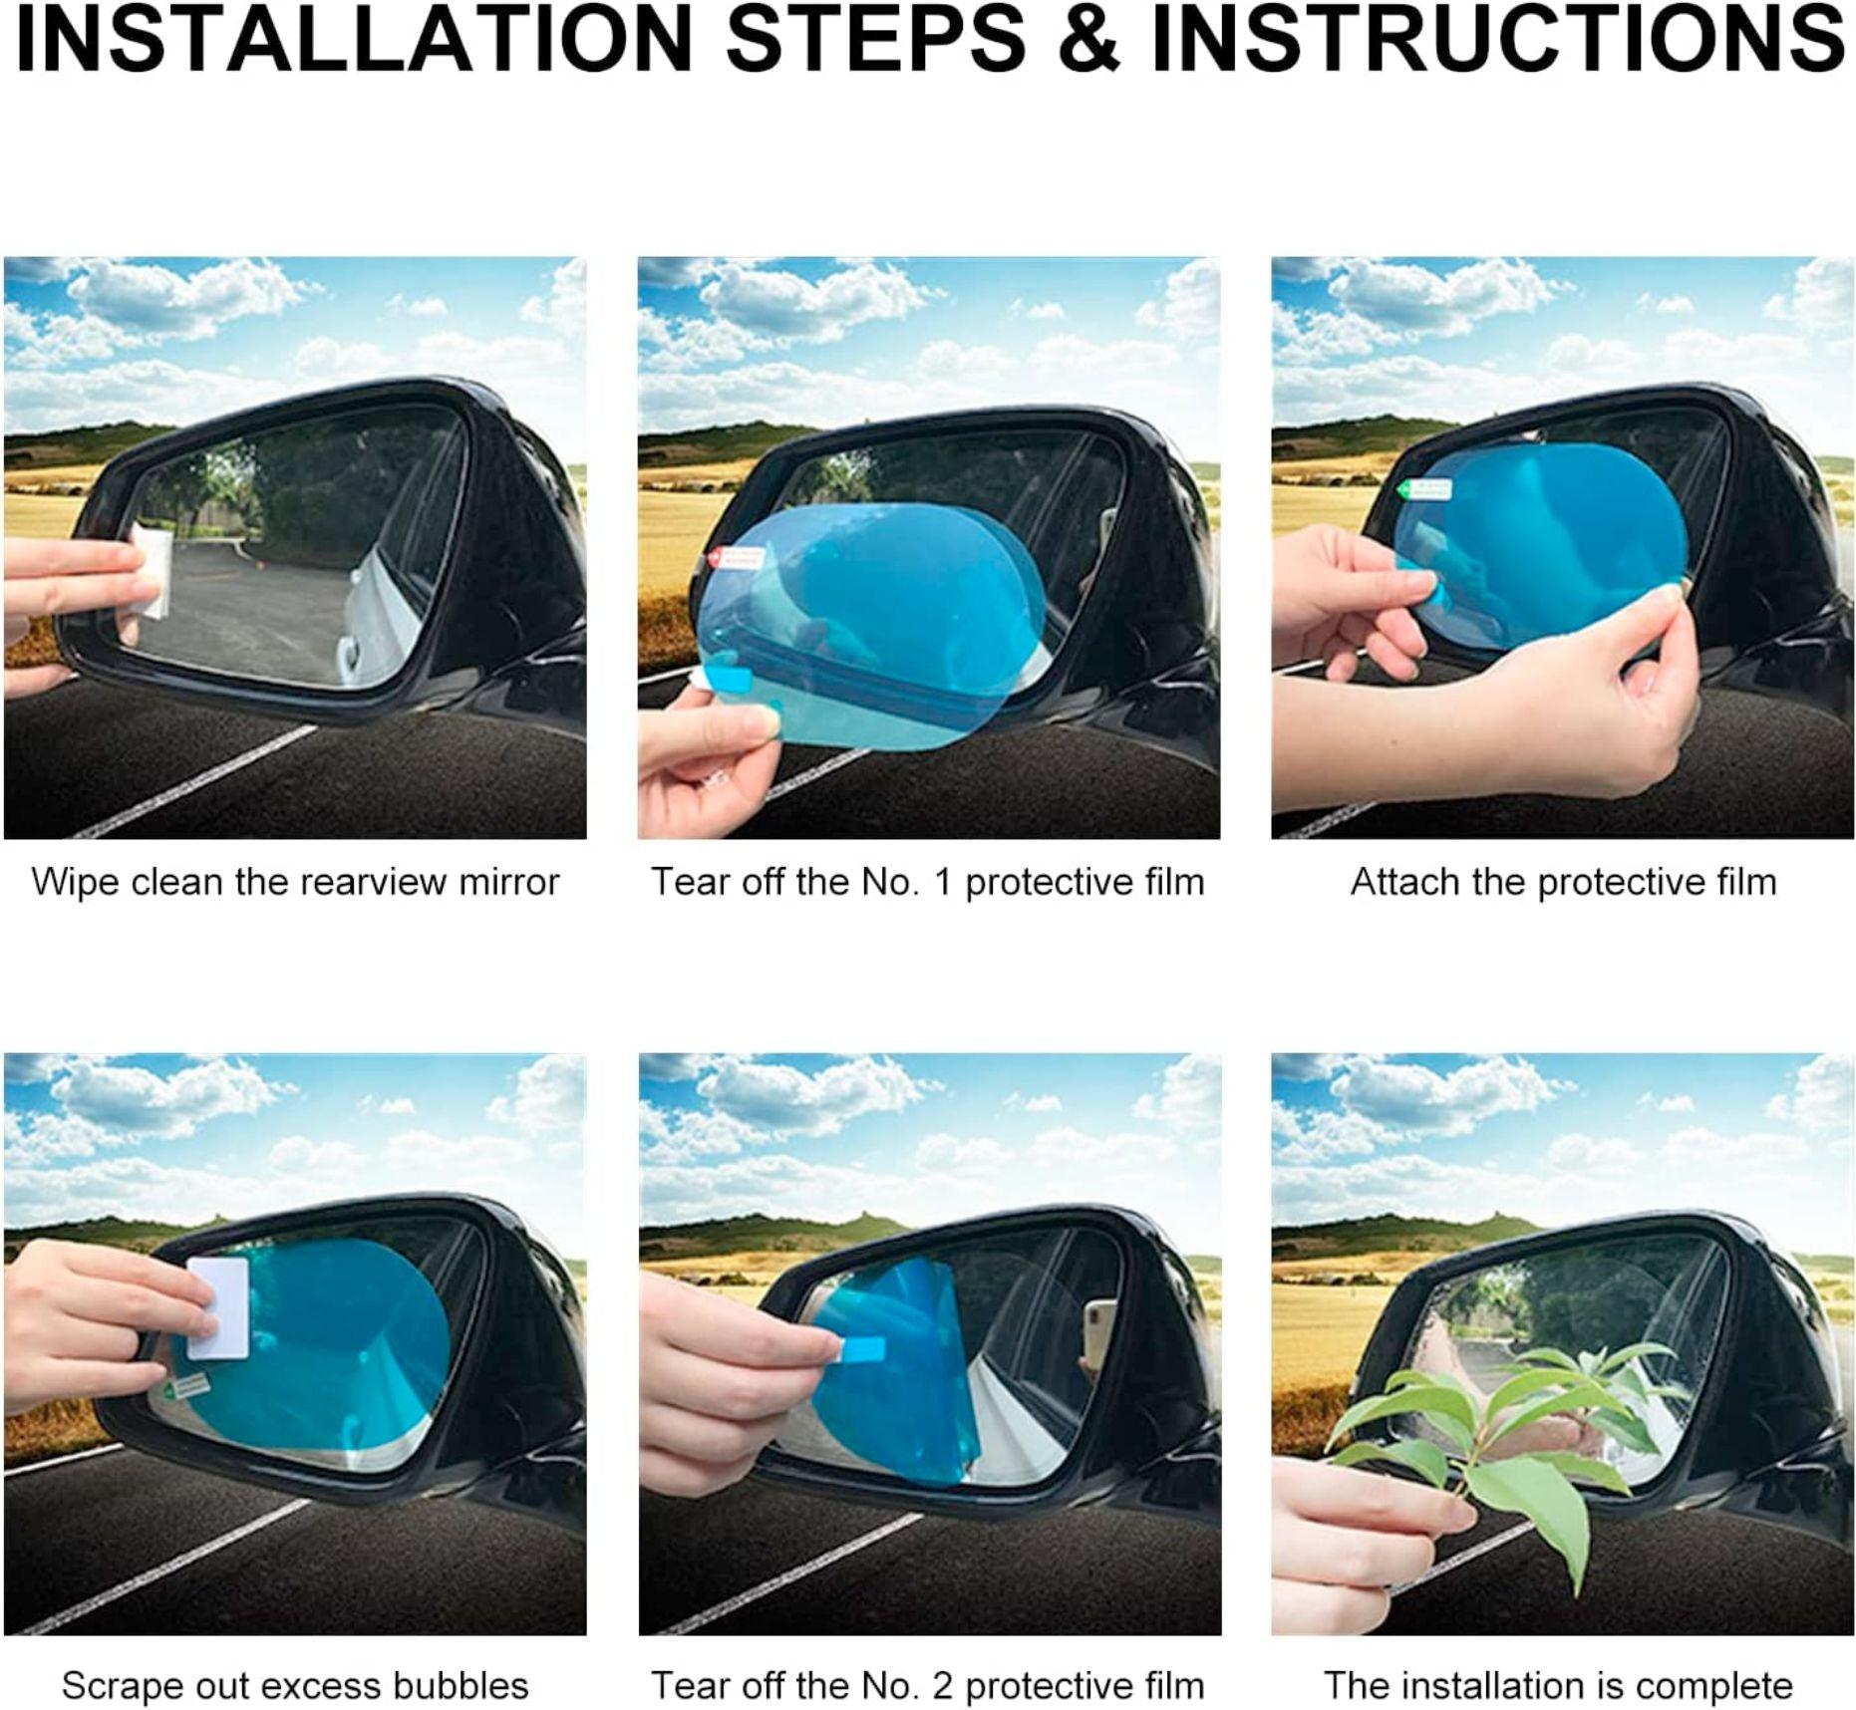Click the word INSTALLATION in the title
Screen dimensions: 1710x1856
pos(354,40)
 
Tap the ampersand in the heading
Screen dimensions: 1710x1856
pos(1089,40)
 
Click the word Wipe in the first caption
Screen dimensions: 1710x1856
pos(76,882)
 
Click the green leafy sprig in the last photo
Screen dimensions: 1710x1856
pos(1495,1435)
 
